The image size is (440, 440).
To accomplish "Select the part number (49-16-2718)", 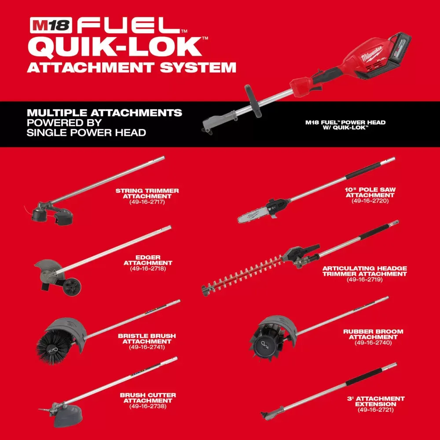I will [x=148, y=268].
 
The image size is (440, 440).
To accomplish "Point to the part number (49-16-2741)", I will [x=147, y=347].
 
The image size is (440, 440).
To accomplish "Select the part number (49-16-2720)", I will [x=370, y=201].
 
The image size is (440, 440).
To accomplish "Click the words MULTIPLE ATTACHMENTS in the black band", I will [x=104, y=113].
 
